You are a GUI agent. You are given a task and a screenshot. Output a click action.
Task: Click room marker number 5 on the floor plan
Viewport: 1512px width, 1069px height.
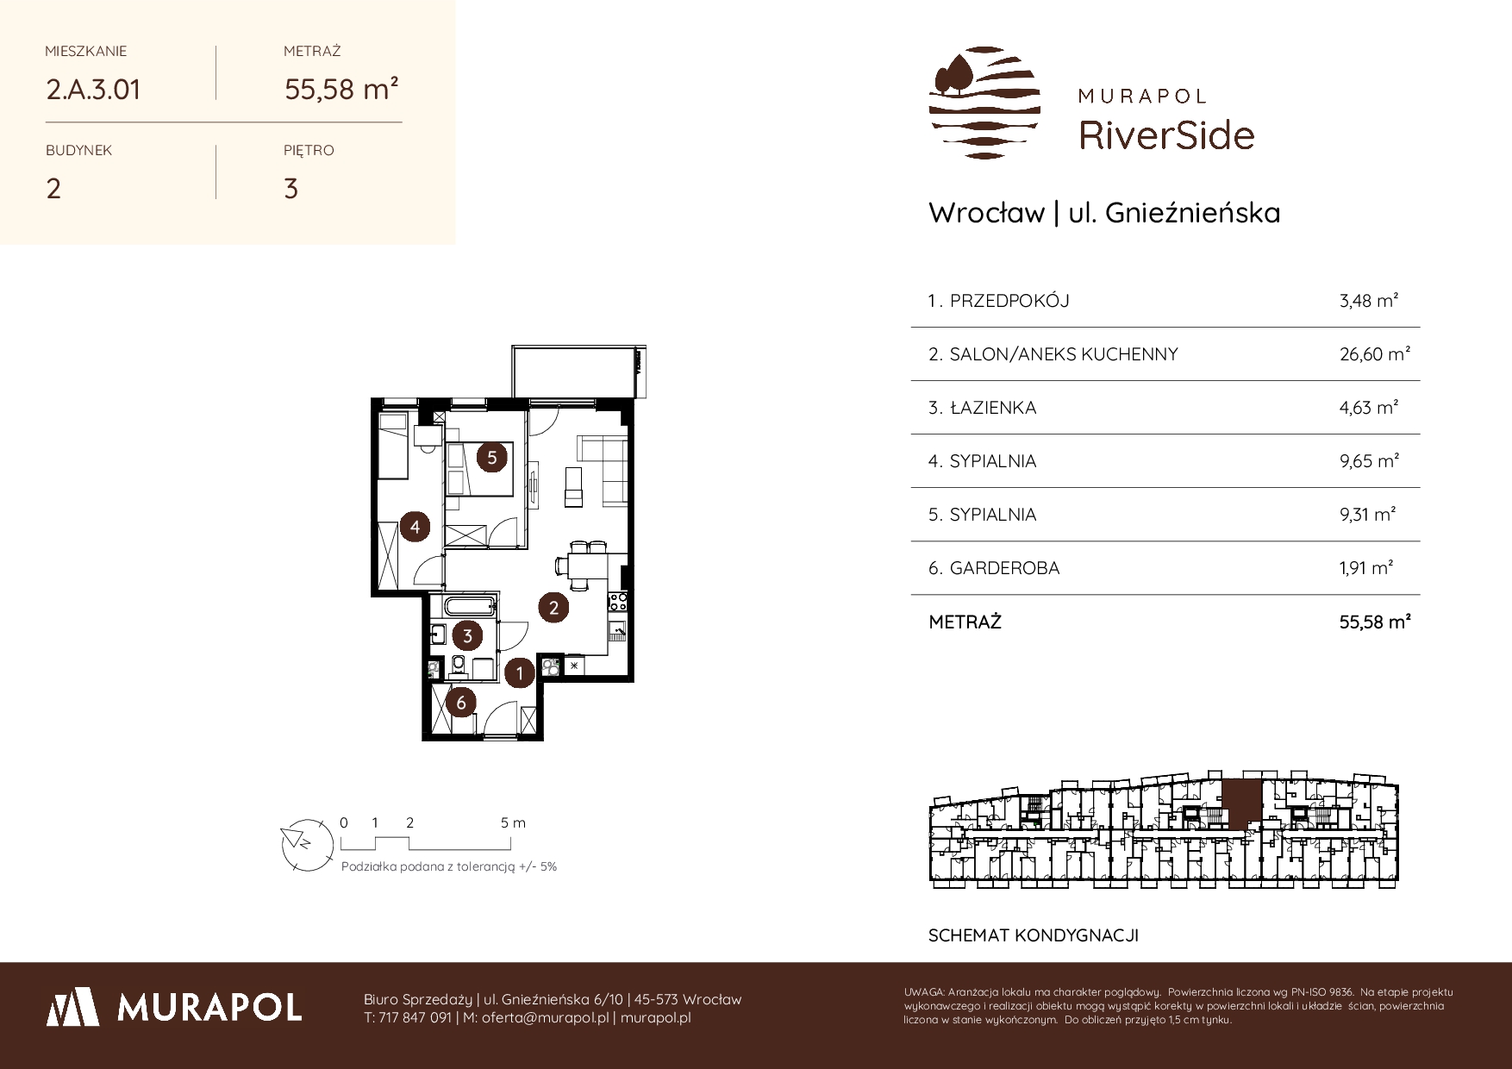pyautogui.click(x=492, y=457)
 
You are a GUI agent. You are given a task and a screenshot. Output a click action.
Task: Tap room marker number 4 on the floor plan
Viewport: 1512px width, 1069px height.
pyautogui.click(x=415, y=526)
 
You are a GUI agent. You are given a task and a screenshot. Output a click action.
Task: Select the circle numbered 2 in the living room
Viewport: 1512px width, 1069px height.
pyautogui.click(x=553, y=608)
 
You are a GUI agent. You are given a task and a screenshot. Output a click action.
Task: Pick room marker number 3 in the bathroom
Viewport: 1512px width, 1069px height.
pyautogui.click(x=467, y=636)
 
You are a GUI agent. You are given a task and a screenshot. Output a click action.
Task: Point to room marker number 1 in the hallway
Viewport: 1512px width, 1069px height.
pyautogui.click(x=519, y=672)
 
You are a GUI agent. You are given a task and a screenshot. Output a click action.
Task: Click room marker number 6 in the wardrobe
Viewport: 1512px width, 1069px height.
pyautogui.click(x=461, y=703)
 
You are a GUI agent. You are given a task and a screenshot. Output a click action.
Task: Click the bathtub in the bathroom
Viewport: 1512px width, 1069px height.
pyautogui.click(x=471, y=606)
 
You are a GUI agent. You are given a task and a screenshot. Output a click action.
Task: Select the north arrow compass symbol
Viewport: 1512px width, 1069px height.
pyautogui.click(x=306, y=841)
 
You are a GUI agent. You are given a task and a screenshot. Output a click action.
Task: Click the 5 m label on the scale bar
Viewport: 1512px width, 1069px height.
pyautogui.click(x=513, y=822)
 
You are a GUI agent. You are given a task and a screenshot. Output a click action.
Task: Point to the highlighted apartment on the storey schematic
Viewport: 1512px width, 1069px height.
pyautogui.click(x=1241, y=804)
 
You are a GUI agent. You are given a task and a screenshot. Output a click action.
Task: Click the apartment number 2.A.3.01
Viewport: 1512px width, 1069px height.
pyautogui.click(x=93, y=90)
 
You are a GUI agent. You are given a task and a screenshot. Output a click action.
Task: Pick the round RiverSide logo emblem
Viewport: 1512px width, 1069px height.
pyautogui.click(x=984, y=103)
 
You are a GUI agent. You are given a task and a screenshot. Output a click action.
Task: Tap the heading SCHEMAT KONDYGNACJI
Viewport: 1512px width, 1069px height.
pyautogui.click(x=1034, y=935)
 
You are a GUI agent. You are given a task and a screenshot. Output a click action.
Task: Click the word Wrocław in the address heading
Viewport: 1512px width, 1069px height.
pyautogui.click(x=986, y=213)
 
